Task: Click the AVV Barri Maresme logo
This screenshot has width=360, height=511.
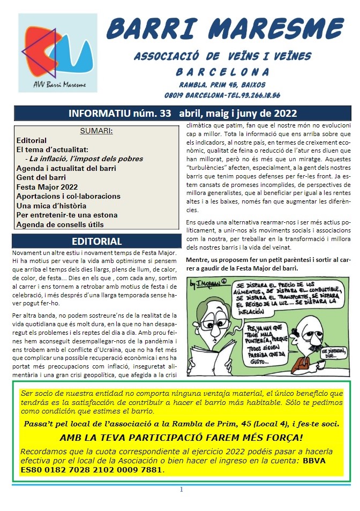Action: [x=57, y=53]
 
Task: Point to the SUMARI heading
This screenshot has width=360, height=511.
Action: [x=96, y=131]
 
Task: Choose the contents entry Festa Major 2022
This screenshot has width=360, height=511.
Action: [x=47, y=187]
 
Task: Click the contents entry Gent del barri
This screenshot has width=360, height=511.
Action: [x=42, y=177]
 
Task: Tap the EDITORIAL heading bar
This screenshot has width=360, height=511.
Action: [x=96, y=241]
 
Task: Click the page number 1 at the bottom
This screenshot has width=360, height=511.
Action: [x=181, y=489]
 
